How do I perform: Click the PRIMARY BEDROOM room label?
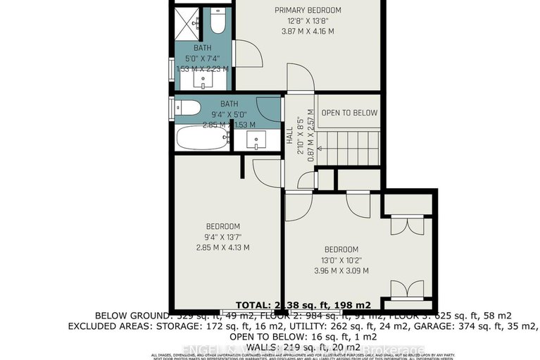click(308, 10)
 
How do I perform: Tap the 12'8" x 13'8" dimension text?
click(308, 20)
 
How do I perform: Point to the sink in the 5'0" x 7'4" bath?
click(204, 80)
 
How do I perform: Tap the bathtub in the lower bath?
click(202, 137)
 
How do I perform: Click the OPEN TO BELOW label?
click(349, 113)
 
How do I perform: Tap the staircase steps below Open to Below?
click(351, 149)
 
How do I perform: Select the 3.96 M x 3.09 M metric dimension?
click(341, 271)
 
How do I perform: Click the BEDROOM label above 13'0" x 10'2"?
click(341, 249)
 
